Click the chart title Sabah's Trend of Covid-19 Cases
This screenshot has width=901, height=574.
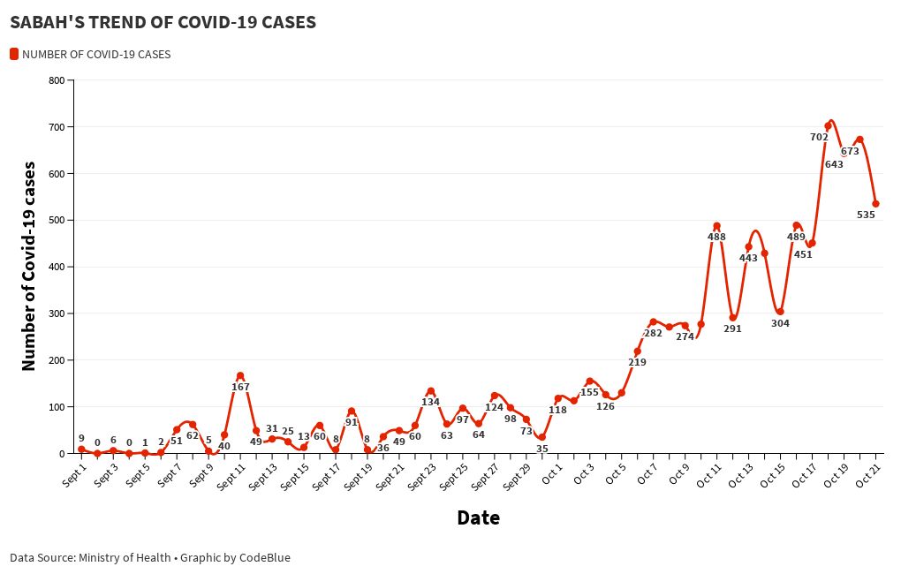(x=163, y=22)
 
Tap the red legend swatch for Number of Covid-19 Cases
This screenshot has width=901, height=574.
(x=14, y=54)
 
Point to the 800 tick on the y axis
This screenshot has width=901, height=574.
(x=57, y=80)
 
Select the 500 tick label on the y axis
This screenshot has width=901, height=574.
(x=57, y=220)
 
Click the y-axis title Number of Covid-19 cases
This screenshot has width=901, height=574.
(x=28, y=266)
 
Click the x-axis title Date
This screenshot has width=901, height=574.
(x=478, y=517)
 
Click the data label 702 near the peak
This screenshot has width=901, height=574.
(x=819, y=137)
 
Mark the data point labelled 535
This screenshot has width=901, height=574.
(x=875, y=204)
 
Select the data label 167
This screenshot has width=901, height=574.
(x=240, y=387)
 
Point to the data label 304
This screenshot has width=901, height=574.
(x=780, y=323)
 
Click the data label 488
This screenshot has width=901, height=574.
(x=716, y=237)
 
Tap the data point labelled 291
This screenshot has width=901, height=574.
(x=732, y=318)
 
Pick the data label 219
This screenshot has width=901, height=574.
(x=637, y=362)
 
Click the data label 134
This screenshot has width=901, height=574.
(x=430, y=402)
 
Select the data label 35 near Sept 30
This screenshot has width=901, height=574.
(x=542, y=449)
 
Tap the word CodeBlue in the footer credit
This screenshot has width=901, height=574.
(x=265, y=557)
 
